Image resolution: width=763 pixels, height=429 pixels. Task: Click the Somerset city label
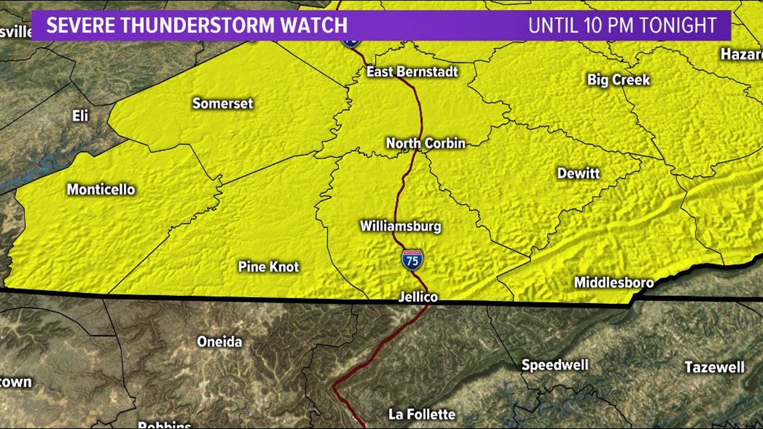click(222, 103)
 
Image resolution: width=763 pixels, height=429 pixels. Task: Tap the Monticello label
click(100, 189)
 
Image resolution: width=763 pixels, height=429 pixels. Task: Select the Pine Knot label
click(268, 266)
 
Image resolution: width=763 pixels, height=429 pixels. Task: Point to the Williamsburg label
click(400, 226)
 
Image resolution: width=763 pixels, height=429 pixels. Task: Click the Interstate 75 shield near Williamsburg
click(412, 259)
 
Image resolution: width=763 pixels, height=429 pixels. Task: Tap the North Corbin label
click(425, 143)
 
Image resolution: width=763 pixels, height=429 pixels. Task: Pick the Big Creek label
click(618, 80)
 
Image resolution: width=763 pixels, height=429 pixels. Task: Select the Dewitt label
click(578, 173)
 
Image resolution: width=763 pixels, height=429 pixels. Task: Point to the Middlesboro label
click(613, 282)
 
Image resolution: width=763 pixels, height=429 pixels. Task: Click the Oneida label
click(220, 341)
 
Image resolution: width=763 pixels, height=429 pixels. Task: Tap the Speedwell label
click(555, 365)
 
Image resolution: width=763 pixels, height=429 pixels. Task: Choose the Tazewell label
click(714, 367)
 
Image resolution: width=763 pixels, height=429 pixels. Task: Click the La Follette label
click(422, 414)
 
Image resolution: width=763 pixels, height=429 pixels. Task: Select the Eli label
click(80, 116)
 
